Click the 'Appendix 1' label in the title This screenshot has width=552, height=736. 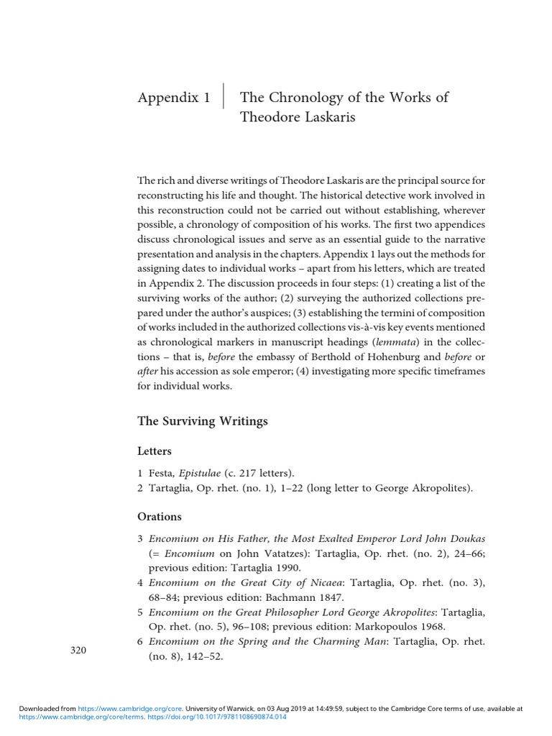(x=173, y=98)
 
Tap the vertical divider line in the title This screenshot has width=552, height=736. (x=224, y=97)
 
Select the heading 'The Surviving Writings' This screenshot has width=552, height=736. (x=202, y=421)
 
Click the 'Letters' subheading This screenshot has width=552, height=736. (x=154, y=451)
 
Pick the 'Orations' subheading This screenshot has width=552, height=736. (x=159, y=516)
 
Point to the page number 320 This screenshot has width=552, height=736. (x=78, y=650)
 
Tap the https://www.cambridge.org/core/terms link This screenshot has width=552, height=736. (x=81, y=717)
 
